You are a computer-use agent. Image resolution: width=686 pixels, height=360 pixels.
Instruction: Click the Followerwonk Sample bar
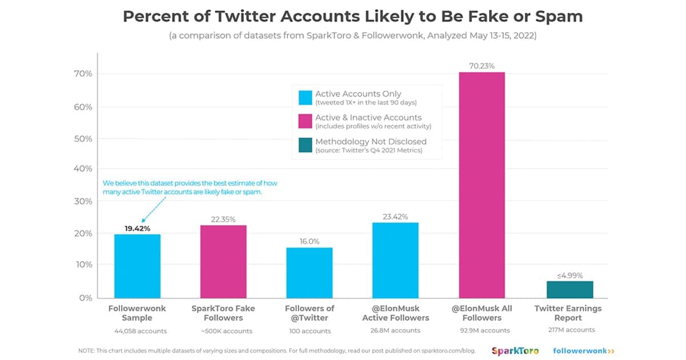(137, 266)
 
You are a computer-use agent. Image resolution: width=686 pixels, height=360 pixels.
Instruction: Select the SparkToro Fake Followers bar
(224, 261)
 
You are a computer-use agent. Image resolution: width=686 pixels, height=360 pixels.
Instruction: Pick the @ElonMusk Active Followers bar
(396, 260)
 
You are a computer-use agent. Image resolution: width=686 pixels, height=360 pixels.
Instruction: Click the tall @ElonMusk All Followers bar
(482, 185)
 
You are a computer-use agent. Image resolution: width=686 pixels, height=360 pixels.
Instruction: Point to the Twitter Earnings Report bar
(569, 289)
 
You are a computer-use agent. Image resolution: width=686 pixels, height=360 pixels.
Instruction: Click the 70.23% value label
(482, 65)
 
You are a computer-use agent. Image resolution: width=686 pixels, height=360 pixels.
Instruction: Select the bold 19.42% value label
(137, 228)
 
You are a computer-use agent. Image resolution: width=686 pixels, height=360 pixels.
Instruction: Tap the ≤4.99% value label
(569, 275)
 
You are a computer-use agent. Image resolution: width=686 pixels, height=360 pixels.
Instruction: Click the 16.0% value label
(310, 242)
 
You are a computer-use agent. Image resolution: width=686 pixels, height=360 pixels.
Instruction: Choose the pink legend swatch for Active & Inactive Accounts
(305, 121)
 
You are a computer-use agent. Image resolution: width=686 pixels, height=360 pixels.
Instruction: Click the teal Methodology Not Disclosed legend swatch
(305, 145)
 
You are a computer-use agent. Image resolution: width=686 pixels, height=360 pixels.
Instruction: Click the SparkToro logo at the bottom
(514, 350)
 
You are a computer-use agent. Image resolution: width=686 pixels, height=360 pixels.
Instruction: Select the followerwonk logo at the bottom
(583, 350)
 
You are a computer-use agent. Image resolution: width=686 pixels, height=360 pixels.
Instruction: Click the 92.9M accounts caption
(482, 330)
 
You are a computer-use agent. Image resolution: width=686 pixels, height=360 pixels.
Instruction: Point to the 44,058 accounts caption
(137, 331)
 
